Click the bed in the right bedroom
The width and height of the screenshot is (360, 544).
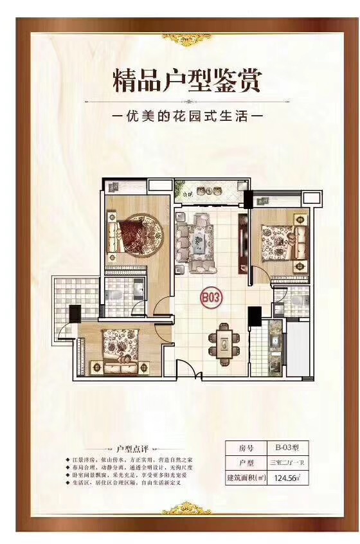coord(281,242)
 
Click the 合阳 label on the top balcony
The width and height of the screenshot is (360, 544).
coord(187,192)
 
